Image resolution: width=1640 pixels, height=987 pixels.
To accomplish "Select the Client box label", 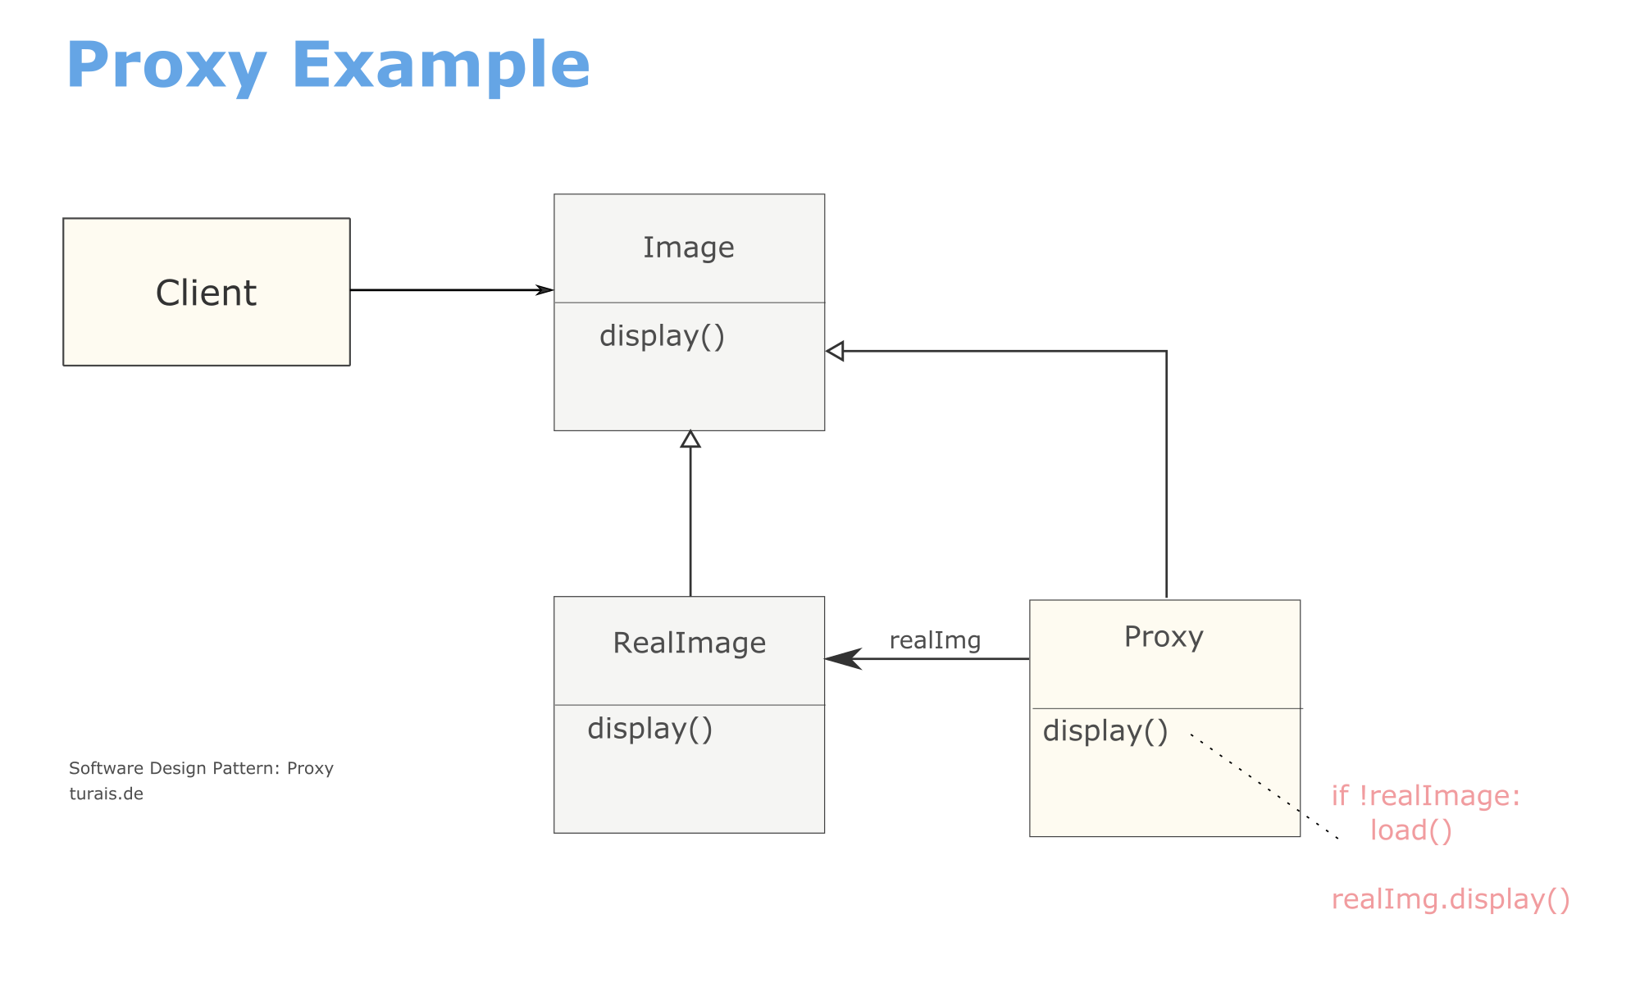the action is point(206,293).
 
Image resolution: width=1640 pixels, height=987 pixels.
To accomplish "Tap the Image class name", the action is point(689,248).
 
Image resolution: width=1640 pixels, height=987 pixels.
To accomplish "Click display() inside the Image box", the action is point(663,336).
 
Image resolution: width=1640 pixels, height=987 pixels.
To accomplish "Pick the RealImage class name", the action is point(690,643).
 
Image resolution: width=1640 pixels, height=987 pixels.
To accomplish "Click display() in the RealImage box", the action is point(650,729).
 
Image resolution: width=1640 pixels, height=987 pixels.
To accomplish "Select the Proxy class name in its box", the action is point(1164,638).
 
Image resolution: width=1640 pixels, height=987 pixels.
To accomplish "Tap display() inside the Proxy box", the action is point(1105,731).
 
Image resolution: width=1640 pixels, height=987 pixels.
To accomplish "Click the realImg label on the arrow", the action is point(935,640).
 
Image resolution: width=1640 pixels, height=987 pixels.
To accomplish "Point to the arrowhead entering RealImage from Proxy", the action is point(843,658).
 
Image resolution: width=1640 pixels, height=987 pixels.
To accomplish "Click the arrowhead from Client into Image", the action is point(544,289).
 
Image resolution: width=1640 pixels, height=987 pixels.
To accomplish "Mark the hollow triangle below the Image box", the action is point(690,439).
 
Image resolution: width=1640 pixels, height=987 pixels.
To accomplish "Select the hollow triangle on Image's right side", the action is point(835,352).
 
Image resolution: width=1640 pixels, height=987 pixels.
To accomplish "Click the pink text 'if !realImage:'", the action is point(1426,796).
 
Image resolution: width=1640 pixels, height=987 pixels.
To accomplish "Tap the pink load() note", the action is point(1411,830).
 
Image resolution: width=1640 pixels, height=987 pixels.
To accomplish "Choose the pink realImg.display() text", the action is point(1451,899).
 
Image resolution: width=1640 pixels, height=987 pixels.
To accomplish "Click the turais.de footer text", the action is point(107,794).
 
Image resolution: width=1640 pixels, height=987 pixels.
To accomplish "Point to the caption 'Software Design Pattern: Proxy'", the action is point(201,768).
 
